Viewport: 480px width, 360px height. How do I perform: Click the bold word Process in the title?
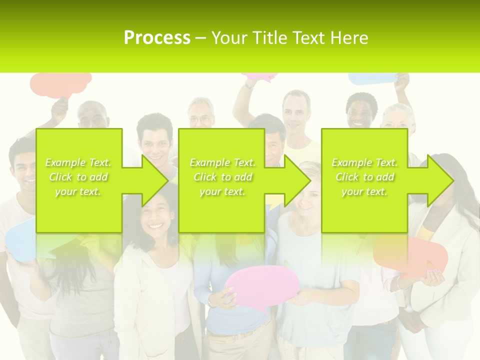tap(157, 38)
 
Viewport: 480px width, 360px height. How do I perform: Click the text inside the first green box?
tap(78, 177)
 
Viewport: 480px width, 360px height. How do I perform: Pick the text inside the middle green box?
tap(222, 177)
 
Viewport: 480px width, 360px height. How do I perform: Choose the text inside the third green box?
tap(364, 177)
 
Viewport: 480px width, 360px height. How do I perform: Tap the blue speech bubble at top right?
tap(372, 79)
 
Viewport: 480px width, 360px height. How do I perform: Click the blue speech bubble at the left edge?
tap(20, 240)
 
